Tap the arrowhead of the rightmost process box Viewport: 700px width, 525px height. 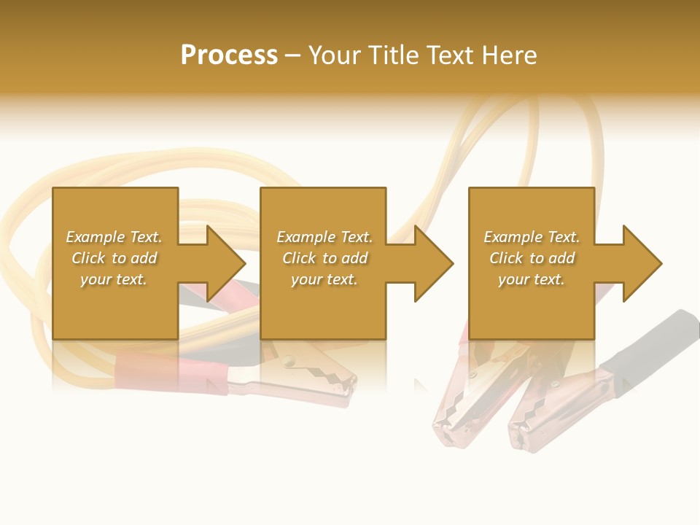pos(641,263)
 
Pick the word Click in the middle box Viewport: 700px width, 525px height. pos(300,258)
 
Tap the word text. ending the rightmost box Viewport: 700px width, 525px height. pos(548,279)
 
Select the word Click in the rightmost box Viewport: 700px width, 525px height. pos(507,258)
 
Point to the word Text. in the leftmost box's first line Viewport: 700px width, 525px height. pos(146,237)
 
